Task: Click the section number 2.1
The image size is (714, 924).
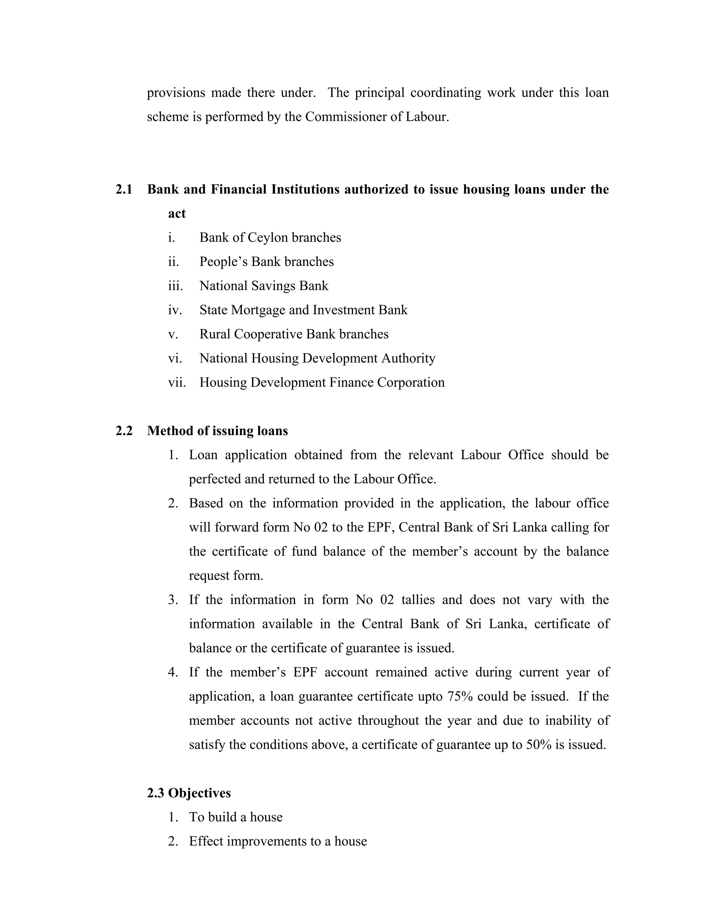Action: coord(123,189)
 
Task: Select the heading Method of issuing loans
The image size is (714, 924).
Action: coord(218,431)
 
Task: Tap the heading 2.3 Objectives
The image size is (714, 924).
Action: coord(189,793)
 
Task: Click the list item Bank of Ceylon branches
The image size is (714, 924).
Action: coord(270,237)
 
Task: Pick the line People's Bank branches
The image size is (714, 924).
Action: coord(266,262)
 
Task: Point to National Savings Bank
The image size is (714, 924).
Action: coord(264,286)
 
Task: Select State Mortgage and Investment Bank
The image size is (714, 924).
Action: coord(303,310)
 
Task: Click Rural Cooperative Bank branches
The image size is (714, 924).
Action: coord(294,334)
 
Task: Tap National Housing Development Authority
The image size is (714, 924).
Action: coord(317,358)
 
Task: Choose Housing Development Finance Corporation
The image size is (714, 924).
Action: coord(322,382)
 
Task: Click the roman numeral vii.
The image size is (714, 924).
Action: coord(177,383)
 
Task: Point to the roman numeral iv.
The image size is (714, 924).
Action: coord(175,310)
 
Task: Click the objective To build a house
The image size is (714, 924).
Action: coord(236,817)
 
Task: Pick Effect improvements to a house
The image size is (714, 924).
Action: coord(278,841)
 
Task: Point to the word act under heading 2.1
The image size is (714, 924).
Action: coord(177,214)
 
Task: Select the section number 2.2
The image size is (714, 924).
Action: coord(123,431)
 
